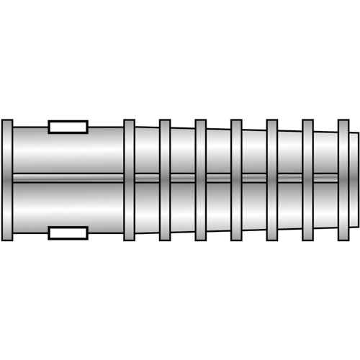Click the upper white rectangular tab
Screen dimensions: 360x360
pyautogui.click(x=68, y=127)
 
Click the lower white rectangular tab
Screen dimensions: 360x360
pyautogui.click(x=68, y=233)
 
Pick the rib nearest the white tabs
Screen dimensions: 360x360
pyautogui.click(x=129, y=180)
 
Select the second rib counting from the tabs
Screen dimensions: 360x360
pyautogui.click(x=165, y=180)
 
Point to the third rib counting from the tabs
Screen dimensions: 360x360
pyautogui.click(x=201, y=180)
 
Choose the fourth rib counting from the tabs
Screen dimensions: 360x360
pyautogui.click(x=236, y=180)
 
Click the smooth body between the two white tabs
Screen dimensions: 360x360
pyautogui.click(x=68, y=180)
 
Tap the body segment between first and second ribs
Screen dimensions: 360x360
pyautogui.click(x=147, y=180)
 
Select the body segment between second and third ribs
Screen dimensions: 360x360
pyautogui.click(x=183, y=180)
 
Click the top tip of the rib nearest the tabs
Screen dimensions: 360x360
pyautogui.click(x=129, y=121)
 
